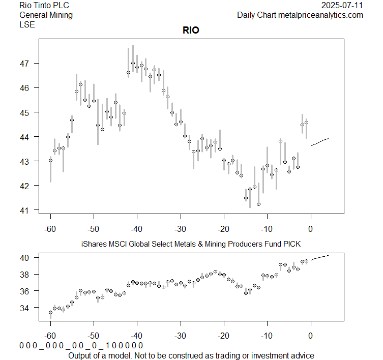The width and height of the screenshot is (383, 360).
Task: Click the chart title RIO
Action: [x=191, y=31]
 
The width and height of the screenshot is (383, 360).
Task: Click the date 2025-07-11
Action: [x=342, y=6]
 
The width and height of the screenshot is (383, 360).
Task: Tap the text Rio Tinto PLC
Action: [x=44, y=6]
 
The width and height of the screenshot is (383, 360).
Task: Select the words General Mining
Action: [x=46, y=15]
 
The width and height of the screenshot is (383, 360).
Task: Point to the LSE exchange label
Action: [x=27, y=24]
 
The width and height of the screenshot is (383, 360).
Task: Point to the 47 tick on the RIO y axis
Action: [x=25, y=64]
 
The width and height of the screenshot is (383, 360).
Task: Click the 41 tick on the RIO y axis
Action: [x=25, y=210]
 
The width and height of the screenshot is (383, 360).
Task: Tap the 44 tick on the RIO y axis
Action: [x=25, y=137]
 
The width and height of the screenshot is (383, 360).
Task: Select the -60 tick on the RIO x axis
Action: [x=50, y=228]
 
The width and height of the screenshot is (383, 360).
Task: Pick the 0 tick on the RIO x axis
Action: [x=311, y=228]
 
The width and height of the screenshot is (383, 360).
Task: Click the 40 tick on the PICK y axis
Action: [x=25, y=258]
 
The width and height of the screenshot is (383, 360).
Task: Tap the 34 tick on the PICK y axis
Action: [x=25, y=308]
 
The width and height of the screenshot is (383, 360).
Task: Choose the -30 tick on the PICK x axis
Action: [x=181, y=336]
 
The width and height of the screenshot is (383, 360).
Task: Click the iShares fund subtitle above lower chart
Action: [x=191, y=245]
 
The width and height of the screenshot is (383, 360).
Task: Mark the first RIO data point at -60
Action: [x=50, y=160]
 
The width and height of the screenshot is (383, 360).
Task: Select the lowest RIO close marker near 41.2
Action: [x=258, y=204]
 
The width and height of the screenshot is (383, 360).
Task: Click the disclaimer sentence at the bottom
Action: [x=191, y=355]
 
